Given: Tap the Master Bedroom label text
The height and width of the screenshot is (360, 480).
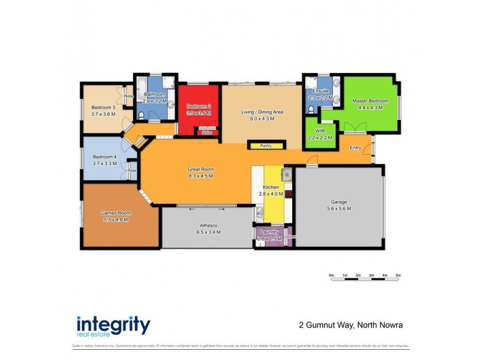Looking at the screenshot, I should tap(370, 101).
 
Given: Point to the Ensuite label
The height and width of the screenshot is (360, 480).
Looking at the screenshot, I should tap(316, 91).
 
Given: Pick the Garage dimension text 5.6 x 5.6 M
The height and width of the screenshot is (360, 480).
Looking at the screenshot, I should tap(340, 209).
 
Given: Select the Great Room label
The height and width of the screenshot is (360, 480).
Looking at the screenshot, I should tap(200, 169).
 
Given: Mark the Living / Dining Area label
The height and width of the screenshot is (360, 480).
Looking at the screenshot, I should tap(262, 112).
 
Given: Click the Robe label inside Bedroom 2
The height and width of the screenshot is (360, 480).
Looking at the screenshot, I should tap(207, 132).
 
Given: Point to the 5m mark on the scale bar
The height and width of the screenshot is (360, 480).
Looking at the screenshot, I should tap(398, 275).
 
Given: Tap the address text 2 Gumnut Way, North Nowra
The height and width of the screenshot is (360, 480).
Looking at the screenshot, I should tap(351, 325).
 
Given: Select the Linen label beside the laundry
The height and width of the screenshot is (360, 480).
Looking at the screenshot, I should tap(291, 236).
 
